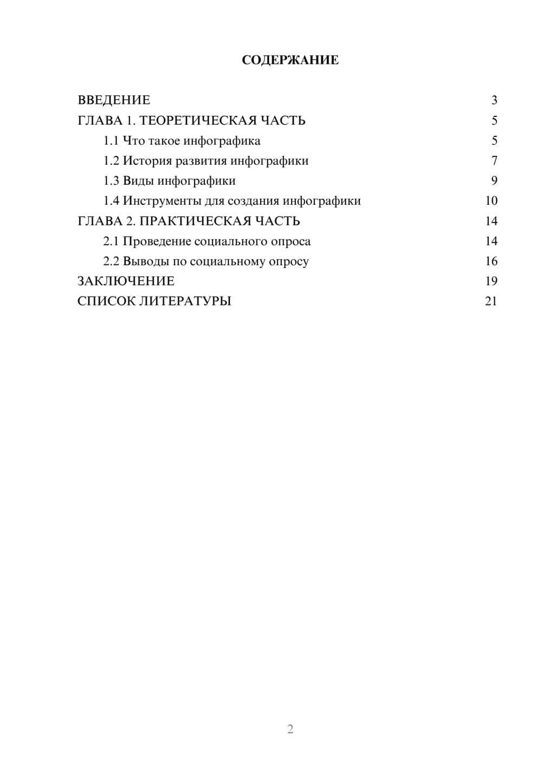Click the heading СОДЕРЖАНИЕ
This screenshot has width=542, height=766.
pos(290,60)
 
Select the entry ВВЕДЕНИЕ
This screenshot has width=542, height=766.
pos(114,100)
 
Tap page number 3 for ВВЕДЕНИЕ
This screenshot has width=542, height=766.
pos(494,100)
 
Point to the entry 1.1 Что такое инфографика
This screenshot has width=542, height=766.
pos(182,141)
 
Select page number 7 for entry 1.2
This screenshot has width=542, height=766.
pos(494,161)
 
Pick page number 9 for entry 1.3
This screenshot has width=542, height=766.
pos(494,181)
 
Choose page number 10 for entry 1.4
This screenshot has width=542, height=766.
pos(491,201)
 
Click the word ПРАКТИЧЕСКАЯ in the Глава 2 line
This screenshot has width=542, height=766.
pos(193,221)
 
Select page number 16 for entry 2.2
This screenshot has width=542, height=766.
pos(491,261)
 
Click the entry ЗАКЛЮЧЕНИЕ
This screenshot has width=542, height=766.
pos(126,281)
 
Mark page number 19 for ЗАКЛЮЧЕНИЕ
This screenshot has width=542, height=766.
pos(491,281)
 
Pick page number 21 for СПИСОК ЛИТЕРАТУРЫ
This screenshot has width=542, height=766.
pos(491,301)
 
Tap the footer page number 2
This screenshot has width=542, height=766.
pos(290,729)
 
